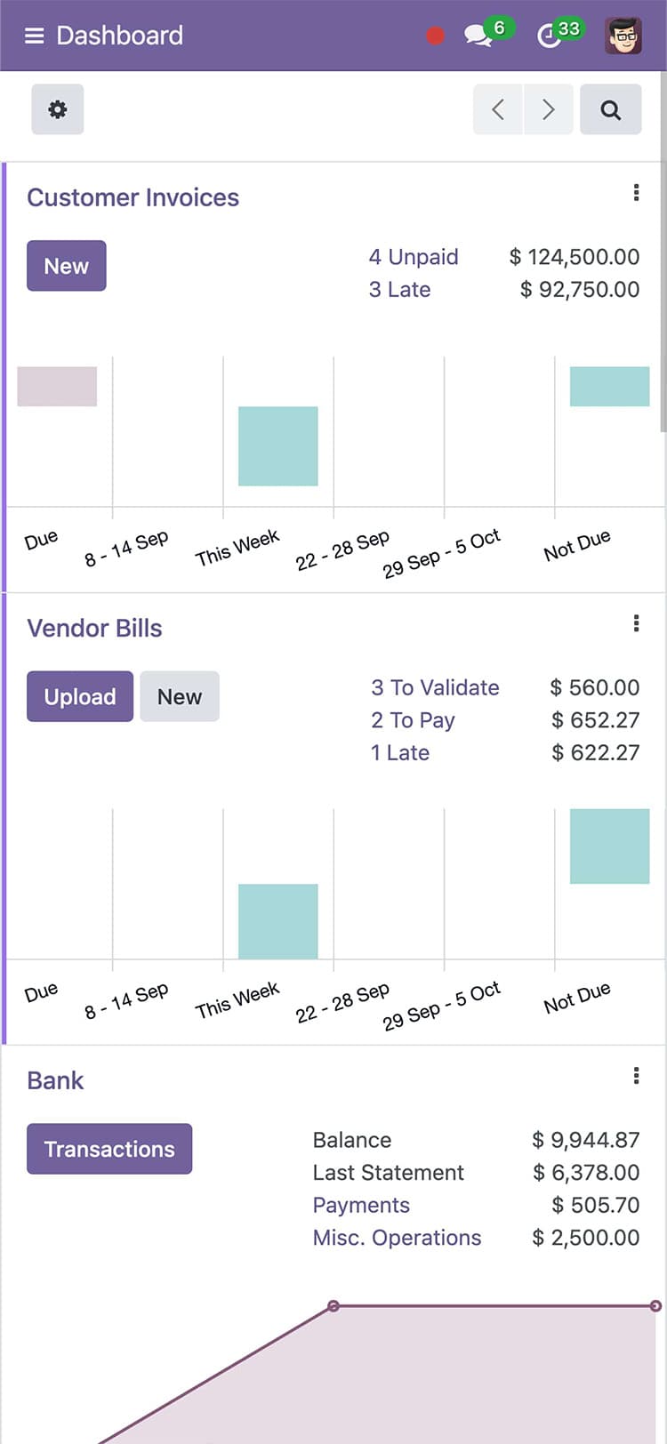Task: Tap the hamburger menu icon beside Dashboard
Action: (34, 36)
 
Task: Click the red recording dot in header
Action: (435, 36)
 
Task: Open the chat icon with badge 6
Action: (478, 36)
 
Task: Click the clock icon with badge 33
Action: (550, 36)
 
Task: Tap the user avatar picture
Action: (623, 36)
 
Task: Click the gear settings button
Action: (58, 109)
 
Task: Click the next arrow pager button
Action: (548, 109)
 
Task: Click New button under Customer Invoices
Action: (67, 266)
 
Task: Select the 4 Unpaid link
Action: (414, 257)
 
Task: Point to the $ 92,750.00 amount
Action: (580, 290)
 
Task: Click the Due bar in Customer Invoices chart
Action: (57, 387)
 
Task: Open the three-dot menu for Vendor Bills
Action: (636, 623)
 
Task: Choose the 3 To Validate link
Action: (435, 687)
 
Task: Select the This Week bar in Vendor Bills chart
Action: (277, 921)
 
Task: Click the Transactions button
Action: (109, 1149)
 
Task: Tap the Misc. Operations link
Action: (397, 1238)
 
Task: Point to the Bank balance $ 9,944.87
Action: (585, 1140)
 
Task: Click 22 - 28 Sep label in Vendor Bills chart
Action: (343, 1002)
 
